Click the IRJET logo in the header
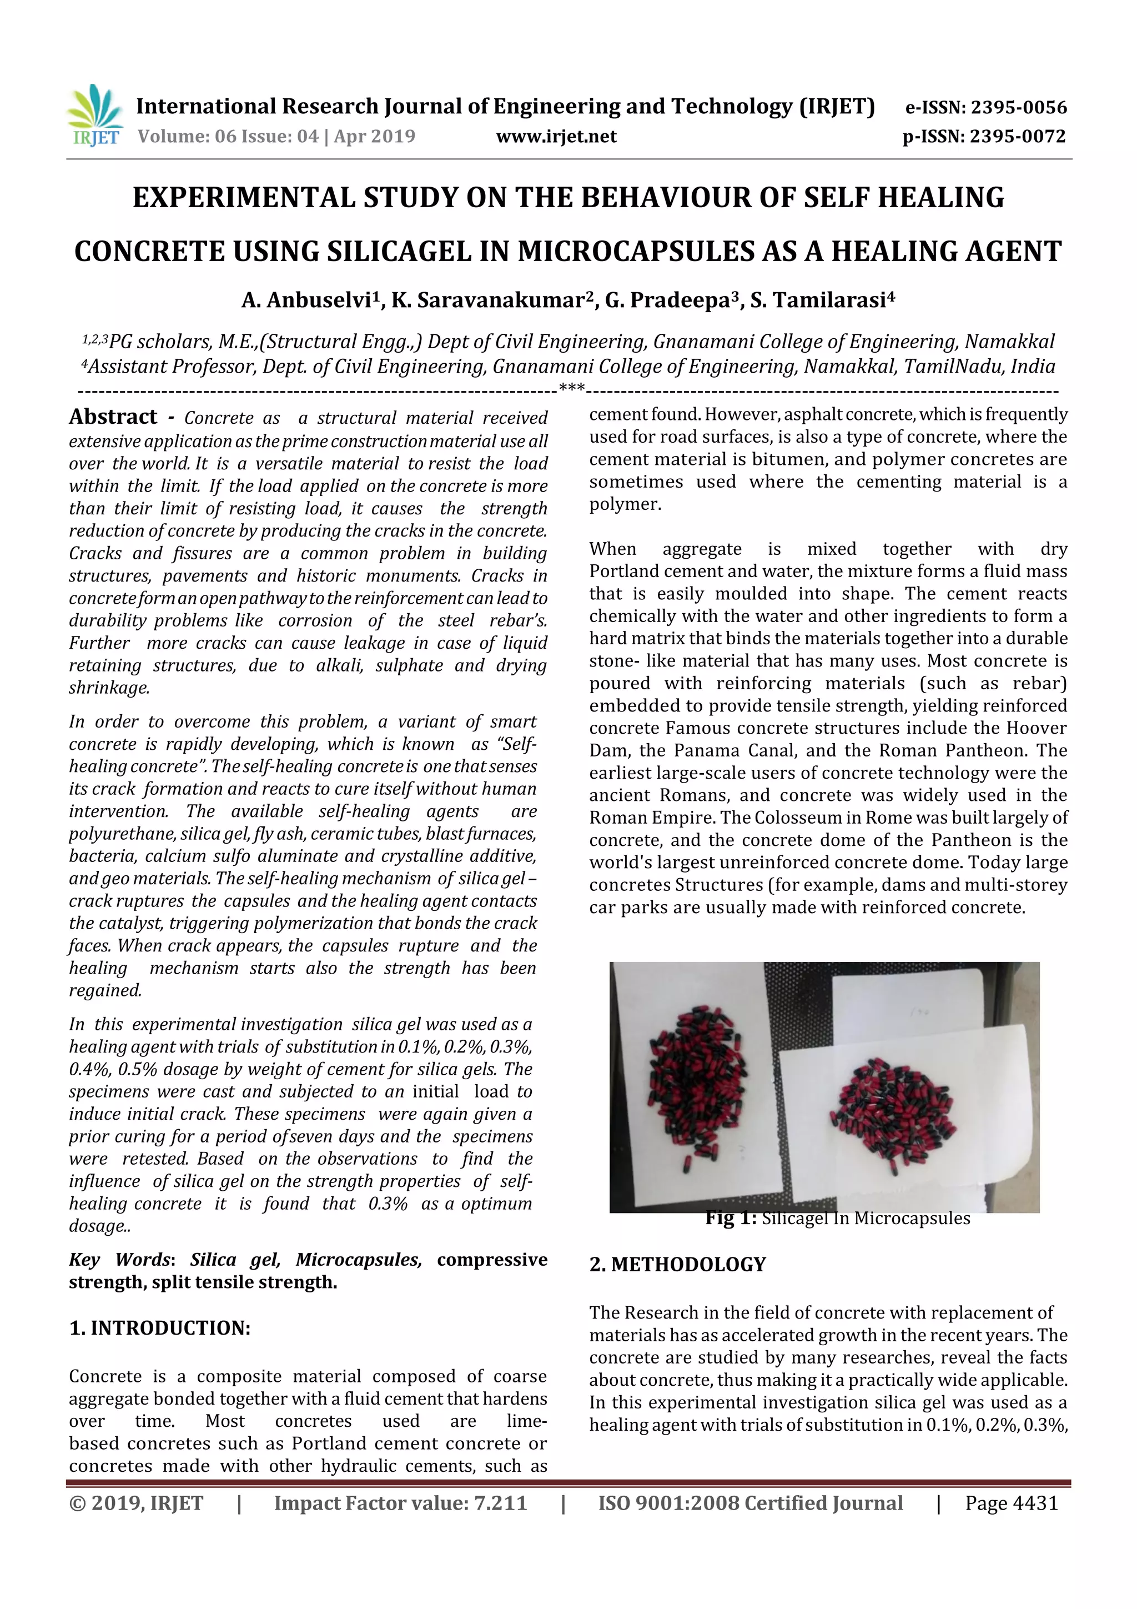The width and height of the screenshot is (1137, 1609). click(94, 116)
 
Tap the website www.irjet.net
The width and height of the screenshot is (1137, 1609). click(556, 136)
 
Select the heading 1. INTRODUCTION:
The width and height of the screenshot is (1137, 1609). click(160, 1327)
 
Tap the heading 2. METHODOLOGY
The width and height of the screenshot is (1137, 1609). click(677, 1264)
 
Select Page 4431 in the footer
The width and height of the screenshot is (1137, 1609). click(1011, 1502)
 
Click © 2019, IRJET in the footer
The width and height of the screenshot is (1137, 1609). click(136, 1502)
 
